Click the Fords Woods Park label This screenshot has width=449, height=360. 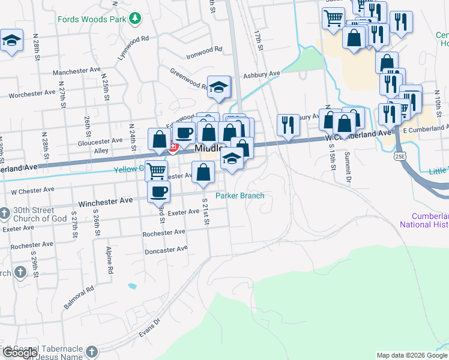[x=92, y=19]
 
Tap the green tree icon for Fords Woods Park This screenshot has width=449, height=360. [x=136, y=19]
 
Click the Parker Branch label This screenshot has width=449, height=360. [x=240, y=196]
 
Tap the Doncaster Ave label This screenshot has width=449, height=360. [x=166, y=248]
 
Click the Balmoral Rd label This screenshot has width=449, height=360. [x=79, y=297]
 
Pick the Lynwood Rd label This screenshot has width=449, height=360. [x=133, y=47]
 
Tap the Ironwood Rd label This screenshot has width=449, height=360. [x=204, y=51]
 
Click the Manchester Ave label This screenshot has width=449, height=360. [x=77, y=71]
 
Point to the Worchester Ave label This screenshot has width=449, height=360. [x=32, y=94]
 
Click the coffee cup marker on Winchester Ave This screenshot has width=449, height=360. [x=158, y=191]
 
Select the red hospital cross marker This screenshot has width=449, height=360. [x=174, y=147]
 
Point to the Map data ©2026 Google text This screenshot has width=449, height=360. [x=412, y=355]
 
